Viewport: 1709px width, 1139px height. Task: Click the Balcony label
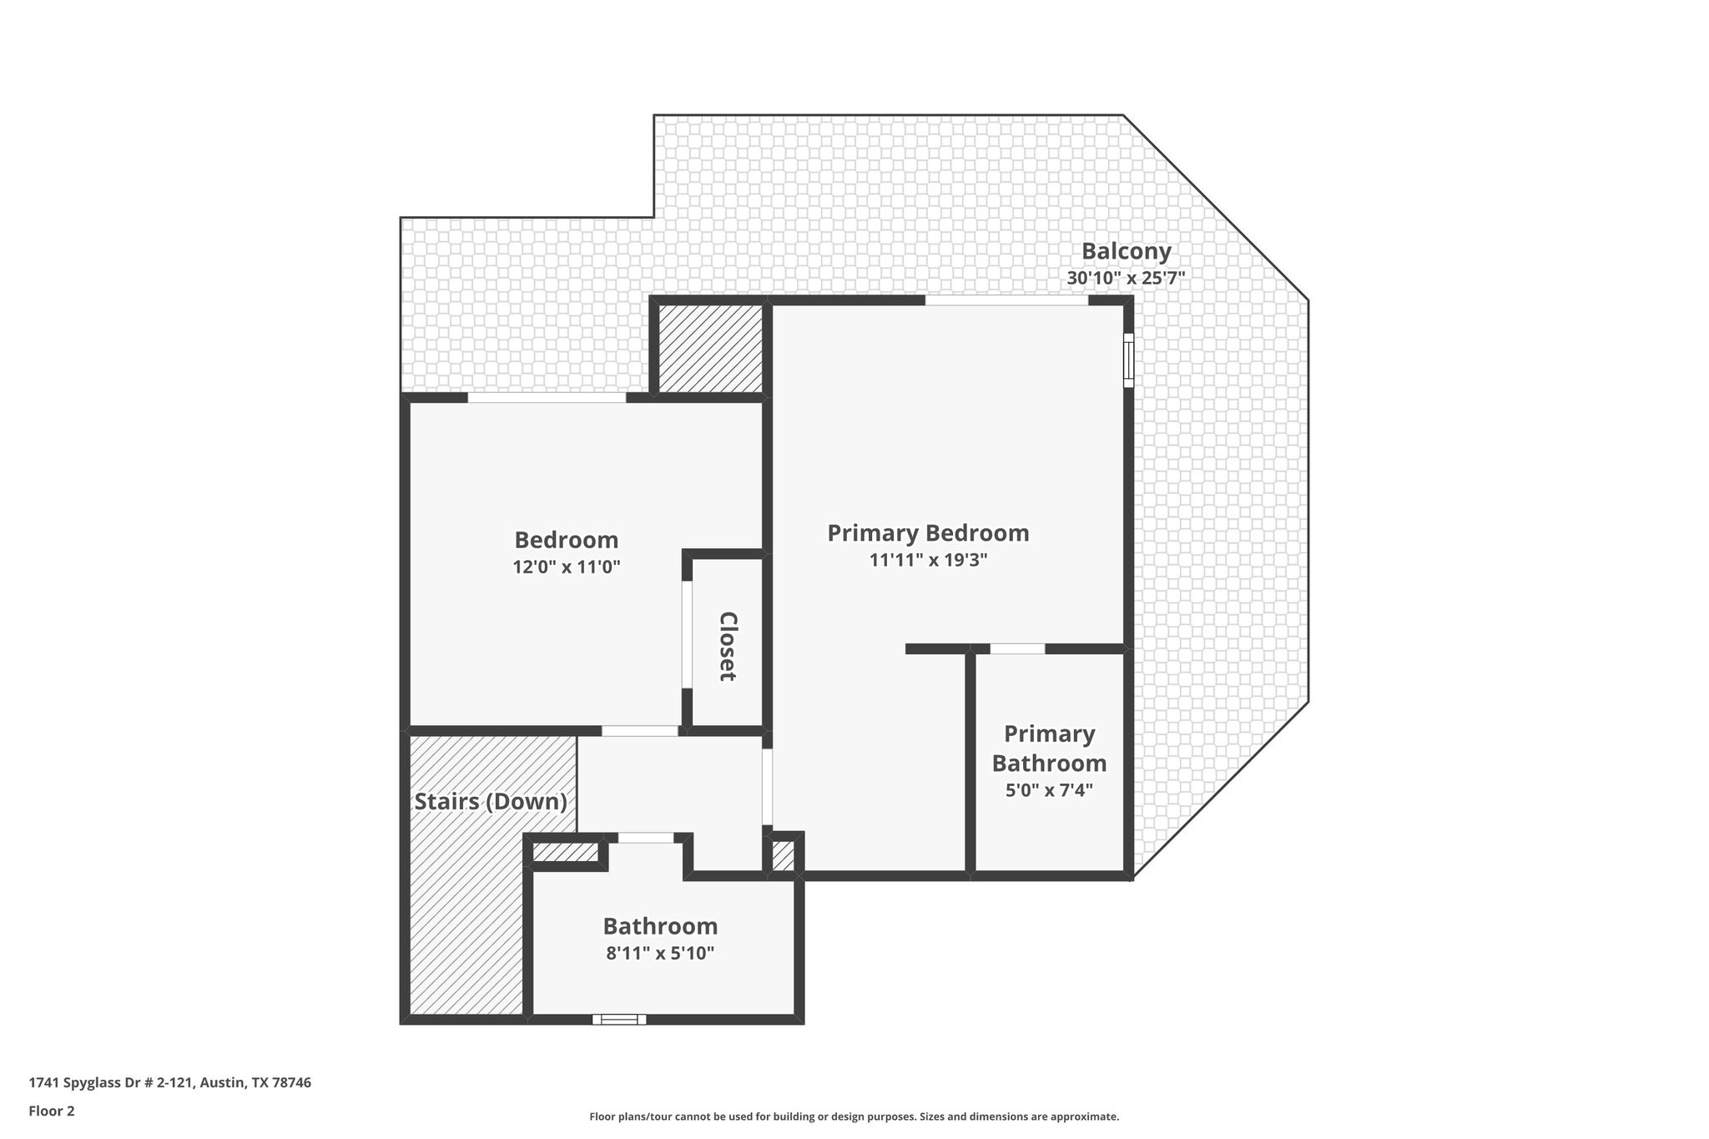coord(1126,251)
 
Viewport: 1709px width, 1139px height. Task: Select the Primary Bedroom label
coord(927,532)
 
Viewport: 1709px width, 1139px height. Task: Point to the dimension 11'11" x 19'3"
coord(928,560)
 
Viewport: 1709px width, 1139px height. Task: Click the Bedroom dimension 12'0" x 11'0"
coord(566,567)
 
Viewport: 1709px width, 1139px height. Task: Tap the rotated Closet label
coord(728,646)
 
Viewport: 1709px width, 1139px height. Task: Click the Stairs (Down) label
coord(491,802)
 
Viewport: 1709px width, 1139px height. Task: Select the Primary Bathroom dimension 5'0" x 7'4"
coord(1049,789)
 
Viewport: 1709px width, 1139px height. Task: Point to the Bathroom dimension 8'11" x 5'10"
coord(660,953)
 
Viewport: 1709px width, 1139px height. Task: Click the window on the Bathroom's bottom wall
coord(619,1019)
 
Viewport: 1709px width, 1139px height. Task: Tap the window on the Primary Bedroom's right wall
coord(1128,360)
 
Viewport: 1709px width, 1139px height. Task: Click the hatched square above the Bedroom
coord(710,348)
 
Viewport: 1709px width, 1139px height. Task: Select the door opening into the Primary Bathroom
coord(1017,648)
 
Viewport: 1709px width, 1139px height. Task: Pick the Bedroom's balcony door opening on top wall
coord(547,398)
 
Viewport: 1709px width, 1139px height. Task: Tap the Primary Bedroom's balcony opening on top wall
coord(1006,300)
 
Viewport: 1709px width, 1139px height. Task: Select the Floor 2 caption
coord(52,1111)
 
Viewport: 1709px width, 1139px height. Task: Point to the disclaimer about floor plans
coord(854,1116)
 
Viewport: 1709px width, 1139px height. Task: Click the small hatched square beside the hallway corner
coord(782,856)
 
